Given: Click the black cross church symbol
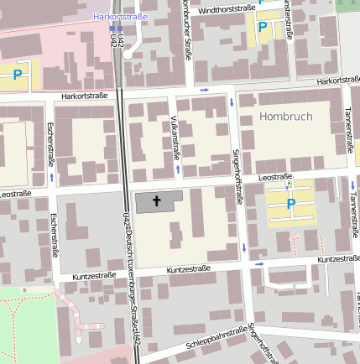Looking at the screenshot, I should click(156, 201).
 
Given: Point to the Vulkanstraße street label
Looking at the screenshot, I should click(175, 136).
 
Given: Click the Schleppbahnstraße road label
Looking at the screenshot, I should click(216, 337).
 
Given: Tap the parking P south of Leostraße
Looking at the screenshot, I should click(291, 204).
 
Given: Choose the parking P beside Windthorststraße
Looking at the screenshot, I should click(263, 28).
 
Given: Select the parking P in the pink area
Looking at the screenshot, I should click(17, 75).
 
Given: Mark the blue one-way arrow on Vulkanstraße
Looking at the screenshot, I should click(178, 169).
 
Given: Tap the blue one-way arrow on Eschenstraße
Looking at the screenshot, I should click(52, 177).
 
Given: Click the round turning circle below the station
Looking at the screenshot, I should click(128, 54).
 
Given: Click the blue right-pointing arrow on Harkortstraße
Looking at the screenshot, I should click(204, 88).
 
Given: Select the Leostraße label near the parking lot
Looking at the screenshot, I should click(275, 177).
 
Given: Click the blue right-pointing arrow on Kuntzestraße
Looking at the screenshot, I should click(259, 263).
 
